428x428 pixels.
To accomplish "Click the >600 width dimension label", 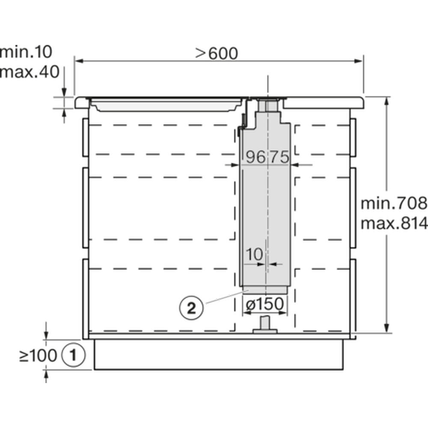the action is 217,53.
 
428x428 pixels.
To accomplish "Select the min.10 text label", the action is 26,52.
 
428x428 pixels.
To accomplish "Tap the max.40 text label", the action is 30,72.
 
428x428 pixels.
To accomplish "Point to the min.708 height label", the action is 394,203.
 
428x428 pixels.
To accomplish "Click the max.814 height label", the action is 394,223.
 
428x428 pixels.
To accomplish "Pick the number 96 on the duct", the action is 256,157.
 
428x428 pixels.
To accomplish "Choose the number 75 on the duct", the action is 279,157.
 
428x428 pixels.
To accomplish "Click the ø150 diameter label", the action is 265,304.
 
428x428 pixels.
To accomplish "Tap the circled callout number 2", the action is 191,309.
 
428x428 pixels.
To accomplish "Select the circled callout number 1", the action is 73,355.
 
